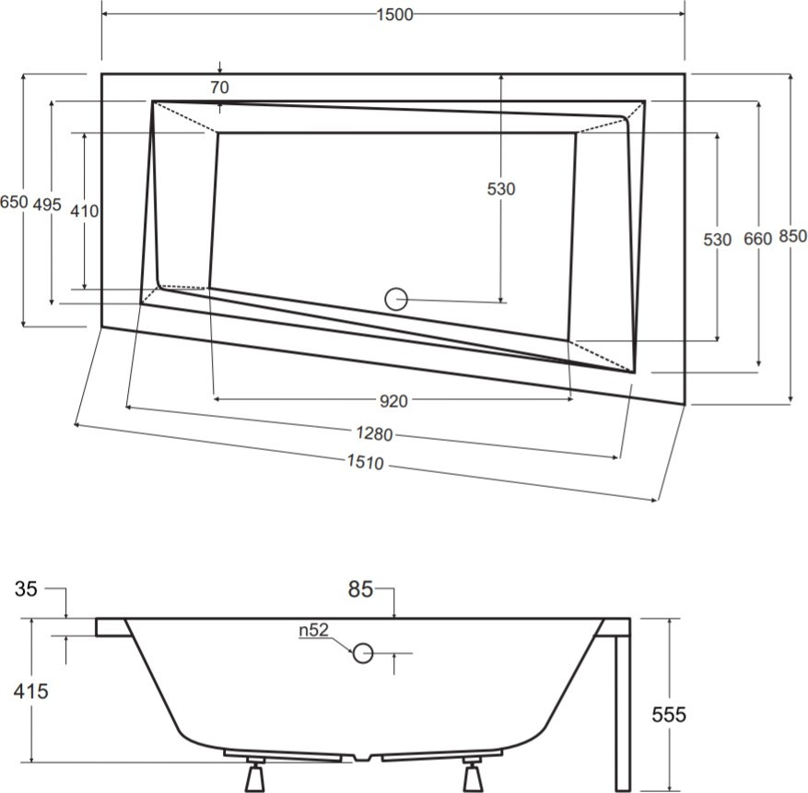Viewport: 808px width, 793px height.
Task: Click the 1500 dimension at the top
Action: (x=394, y=15)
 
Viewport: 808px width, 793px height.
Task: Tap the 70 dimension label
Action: (x=218, y=89)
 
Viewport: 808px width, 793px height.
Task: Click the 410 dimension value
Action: (x=84, y=210)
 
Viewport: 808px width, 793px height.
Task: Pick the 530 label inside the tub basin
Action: (x=500, y=189)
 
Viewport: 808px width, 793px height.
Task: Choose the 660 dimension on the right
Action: (x=756, y=239)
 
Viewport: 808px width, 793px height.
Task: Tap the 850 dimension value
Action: (x=792, y=237)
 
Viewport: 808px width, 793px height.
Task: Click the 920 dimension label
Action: (x=393, y=400)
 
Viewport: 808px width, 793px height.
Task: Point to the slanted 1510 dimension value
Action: (x=368, y=463)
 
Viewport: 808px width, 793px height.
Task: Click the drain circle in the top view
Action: (x=395, y=299)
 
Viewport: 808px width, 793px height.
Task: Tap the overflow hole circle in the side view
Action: (x=363, y=653)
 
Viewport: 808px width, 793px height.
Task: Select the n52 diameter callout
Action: (x=314, y=631)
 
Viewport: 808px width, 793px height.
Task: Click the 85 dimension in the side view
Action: (x=360, y=587)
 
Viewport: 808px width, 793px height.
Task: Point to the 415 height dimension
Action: (x=30, y=690)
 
